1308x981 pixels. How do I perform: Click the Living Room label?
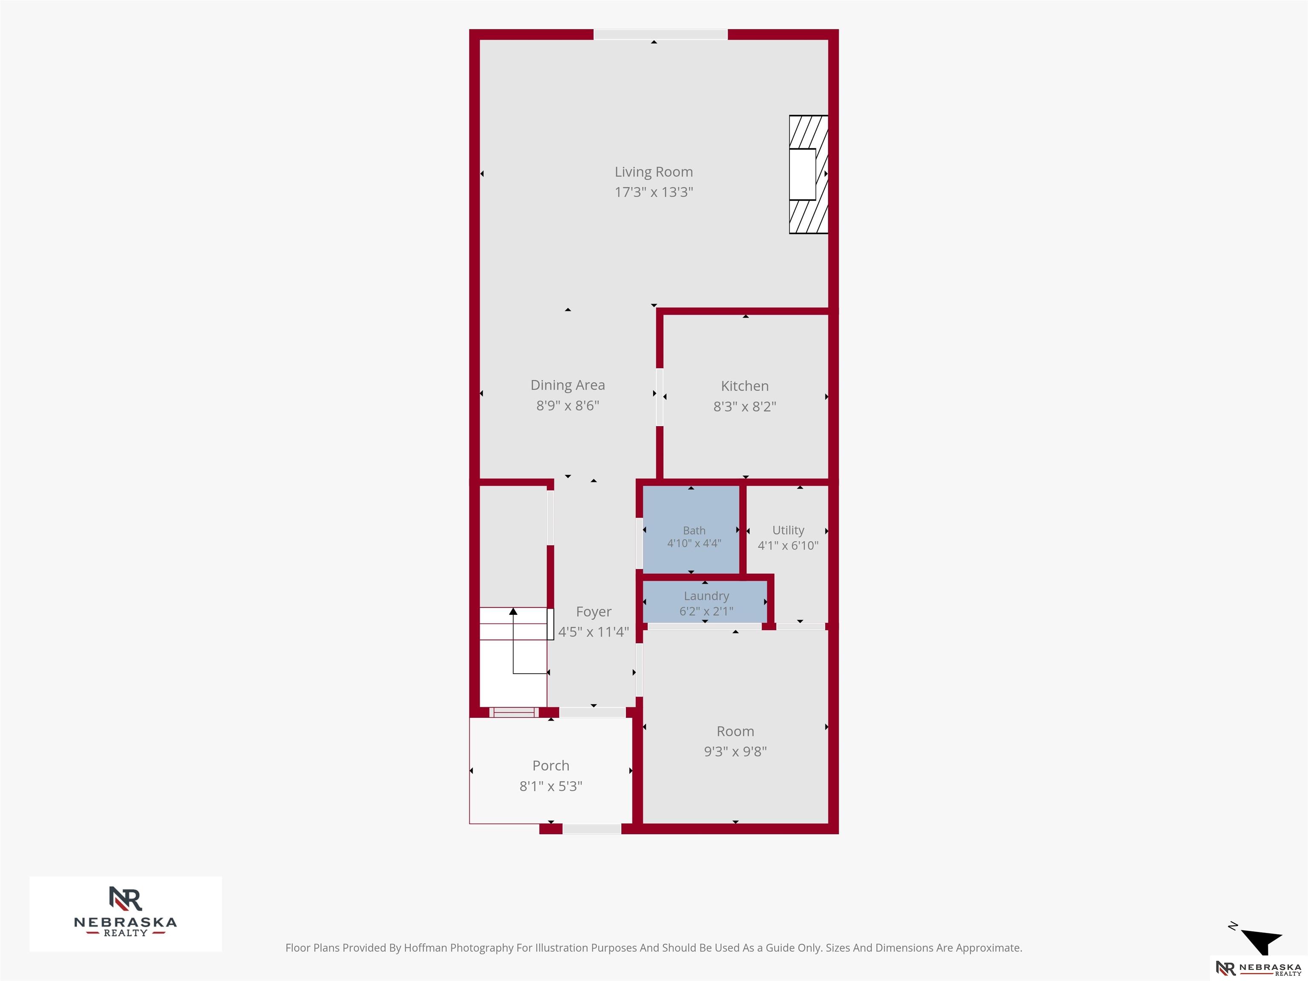(x=654, y=172)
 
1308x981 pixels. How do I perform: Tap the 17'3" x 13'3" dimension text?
(x=654, y=192)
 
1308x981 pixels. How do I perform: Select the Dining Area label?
(x=568, y=385)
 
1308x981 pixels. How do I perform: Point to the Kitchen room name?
(x=744, y=386)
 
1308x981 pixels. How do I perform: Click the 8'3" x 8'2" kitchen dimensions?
(x=744, y=406)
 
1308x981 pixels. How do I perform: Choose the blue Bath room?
(x=691, y=529)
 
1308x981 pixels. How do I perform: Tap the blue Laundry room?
(x=705, y=602)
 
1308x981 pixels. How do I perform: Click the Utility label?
(x=788, y=531)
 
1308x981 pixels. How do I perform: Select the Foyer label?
(x=594, y=612)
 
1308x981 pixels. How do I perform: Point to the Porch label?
(x=551, y=766)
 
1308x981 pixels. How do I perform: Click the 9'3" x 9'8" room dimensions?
(x=735, y=752)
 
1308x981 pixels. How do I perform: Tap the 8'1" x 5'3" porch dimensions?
(x=551, y=786)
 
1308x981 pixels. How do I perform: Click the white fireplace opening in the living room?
(x=803, y=175)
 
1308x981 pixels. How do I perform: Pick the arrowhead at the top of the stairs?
(x=513, y=611)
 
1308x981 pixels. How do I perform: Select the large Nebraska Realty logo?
(x=125, y=914)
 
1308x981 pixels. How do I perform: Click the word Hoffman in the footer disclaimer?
(x=425, y=948)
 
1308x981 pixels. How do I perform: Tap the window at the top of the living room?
(x=660, y=35)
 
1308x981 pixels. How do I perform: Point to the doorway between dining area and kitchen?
(x=659, y=397)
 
